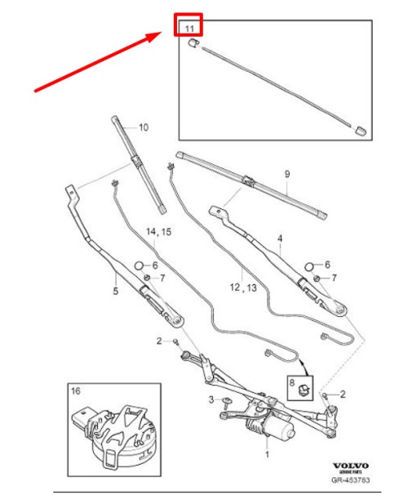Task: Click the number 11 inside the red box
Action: click(189, 29)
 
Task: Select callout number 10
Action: click(143, 127)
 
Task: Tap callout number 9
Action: click(286, 174)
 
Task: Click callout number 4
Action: click(279, 239)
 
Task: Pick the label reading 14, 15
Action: click(159, 232)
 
